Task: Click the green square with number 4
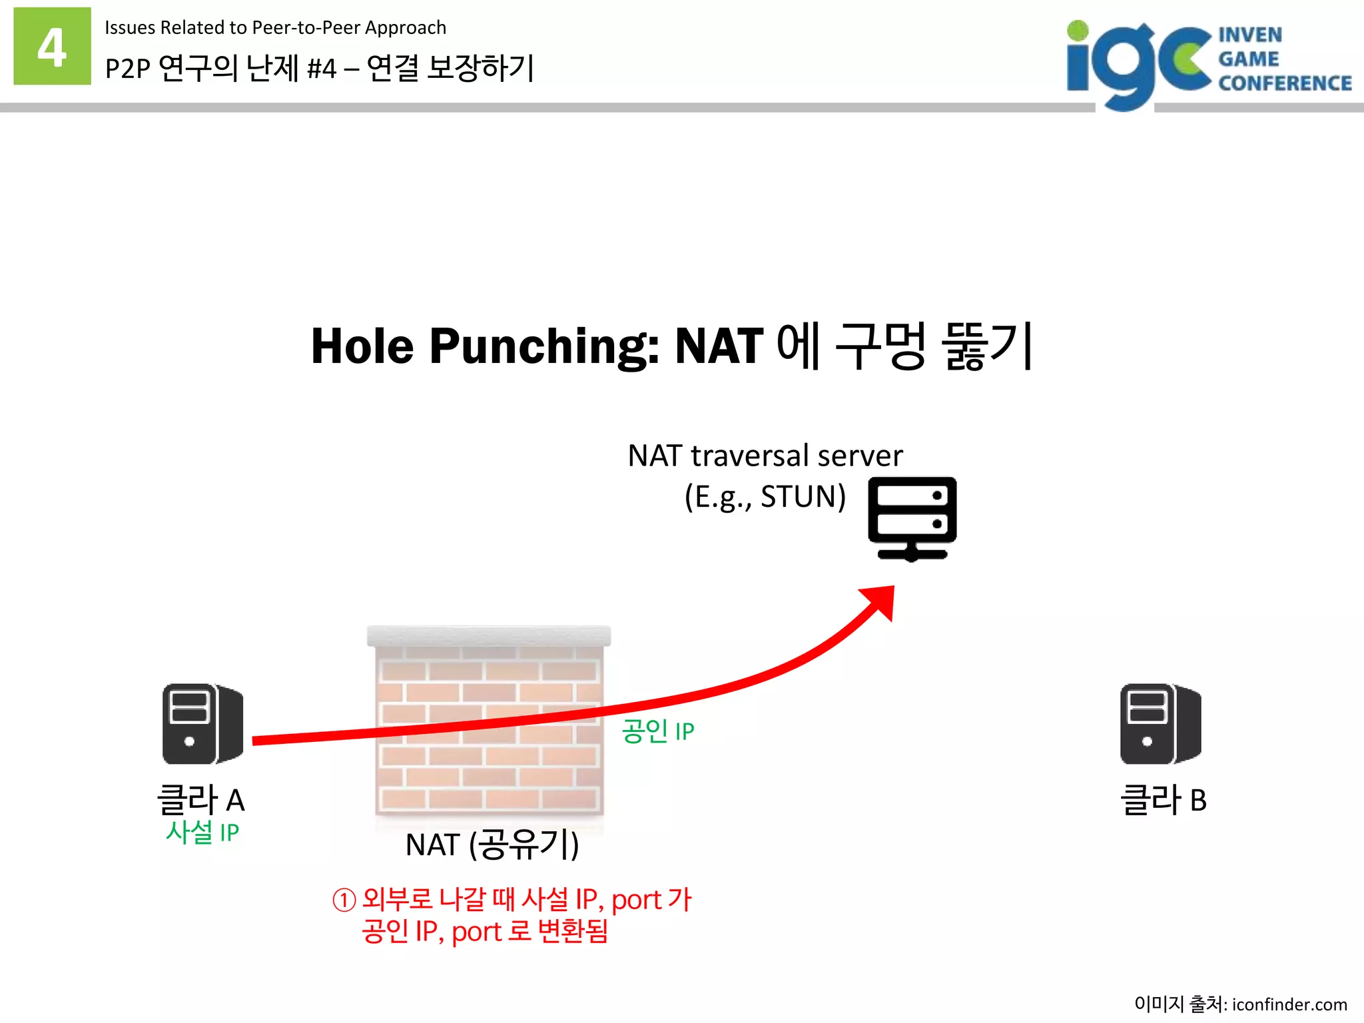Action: coord(52,46)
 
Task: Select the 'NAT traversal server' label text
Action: coord(765,456)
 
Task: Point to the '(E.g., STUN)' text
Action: coord(765,497)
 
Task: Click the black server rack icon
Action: coord(912,519)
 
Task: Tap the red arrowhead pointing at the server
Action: coord(879,601)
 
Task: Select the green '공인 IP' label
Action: coord(657,731)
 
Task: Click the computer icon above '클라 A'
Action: coord(202,723)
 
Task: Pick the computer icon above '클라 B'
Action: coord(1160,723)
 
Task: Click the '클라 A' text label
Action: coord(200,799)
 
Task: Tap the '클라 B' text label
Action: coord(1163,799)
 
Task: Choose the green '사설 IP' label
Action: coord(202,833)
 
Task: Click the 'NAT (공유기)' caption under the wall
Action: coord(492,845)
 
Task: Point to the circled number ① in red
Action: coord(344,900)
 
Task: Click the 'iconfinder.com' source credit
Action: coord(1289,1004)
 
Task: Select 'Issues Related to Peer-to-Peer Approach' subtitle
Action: coord(275,27)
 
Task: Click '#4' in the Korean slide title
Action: coord(322,69)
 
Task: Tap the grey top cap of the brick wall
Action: coord(489,635)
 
